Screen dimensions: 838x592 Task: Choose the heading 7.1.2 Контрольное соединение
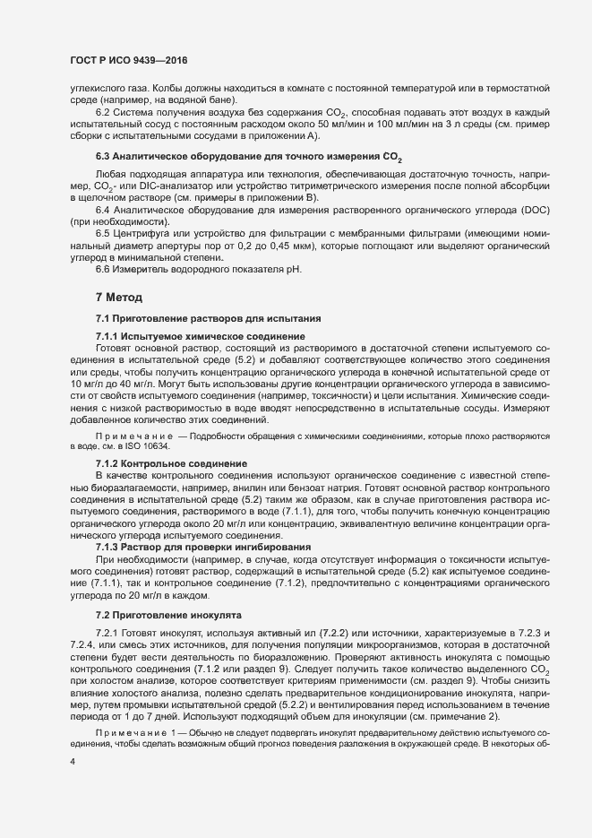coord(171,462)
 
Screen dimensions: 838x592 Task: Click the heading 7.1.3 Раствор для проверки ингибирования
coord(203,547)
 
